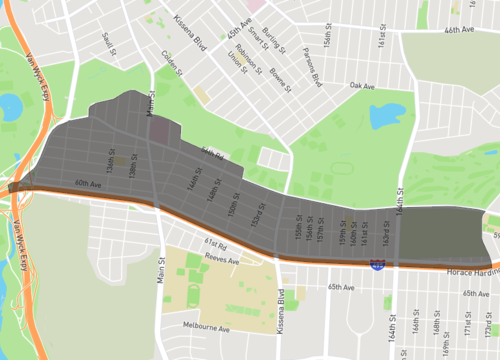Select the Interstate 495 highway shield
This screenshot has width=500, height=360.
pyautogui.click(x=377, y=265)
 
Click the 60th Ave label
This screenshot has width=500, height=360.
pyautogui.click(x=88, y=184)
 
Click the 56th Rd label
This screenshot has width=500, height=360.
pyautogui.click(x=209, y=151)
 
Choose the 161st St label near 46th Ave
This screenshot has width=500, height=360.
pyautogui.click(x=381, y=43)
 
